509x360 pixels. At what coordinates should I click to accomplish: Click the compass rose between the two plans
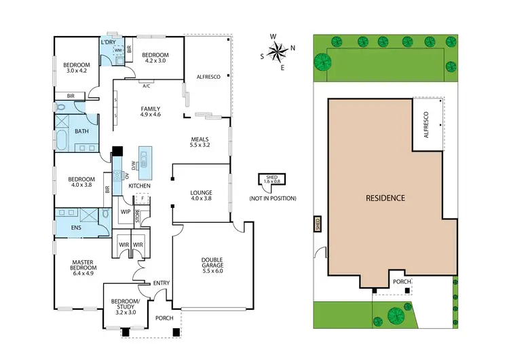[x=278, y=51]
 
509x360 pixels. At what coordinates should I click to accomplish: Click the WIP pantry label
[x=125, y=212]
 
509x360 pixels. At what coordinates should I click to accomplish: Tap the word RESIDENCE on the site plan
[x=385, y=198]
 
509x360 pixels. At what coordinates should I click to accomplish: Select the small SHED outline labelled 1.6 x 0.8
[x=261, y=181]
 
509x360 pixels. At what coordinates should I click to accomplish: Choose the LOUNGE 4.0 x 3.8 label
[x=200, y=196]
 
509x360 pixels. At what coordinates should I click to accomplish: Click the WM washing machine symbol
[x=117, y=50]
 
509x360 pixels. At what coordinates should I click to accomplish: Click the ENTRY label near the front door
[x=162, y=283]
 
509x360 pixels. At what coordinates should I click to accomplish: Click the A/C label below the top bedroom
[x=146, y=86]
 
